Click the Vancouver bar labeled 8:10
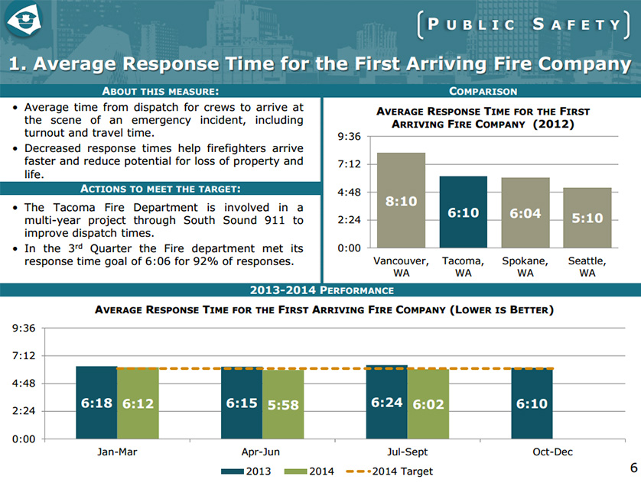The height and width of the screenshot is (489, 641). (401, 200)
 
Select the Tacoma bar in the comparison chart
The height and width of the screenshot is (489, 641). (463, 212)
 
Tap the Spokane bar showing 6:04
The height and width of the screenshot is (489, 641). (525, 212)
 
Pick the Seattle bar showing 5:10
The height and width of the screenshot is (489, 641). (587, 218)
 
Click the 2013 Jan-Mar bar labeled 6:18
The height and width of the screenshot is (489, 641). (96, 403)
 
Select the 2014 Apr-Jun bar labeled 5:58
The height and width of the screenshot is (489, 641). (282, 403)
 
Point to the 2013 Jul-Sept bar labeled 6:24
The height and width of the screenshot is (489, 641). (386, 402)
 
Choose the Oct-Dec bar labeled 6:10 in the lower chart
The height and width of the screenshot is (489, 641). (532, 403)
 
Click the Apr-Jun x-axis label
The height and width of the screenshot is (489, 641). (262, 452)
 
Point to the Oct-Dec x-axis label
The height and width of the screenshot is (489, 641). (552, 452)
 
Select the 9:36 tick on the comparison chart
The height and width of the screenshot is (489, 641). (349, 137)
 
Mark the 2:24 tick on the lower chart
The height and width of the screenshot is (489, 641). (23, 411)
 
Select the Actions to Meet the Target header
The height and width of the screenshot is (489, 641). (161, 189)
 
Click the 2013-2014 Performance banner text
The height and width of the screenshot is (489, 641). (321, 290)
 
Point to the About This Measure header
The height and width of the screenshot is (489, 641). (161, 92)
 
